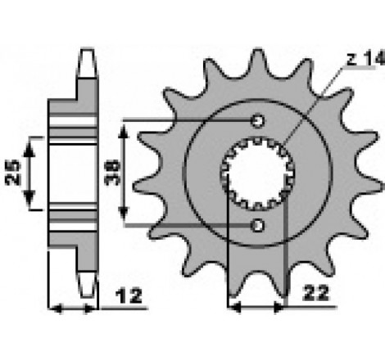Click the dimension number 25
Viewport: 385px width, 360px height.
[x=12, y=173]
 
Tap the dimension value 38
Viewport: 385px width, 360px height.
[x=113, y=173]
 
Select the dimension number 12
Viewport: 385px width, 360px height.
[x=129, y=296]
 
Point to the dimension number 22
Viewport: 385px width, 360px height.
[x=315, y=293]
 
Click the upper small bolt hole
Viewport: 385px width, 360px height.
[x=257, y=120]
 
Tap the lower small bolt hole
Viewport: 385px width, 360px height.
[x=257, y=226]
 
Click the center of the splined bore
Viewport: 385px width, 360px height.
[x=257, y=173]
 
